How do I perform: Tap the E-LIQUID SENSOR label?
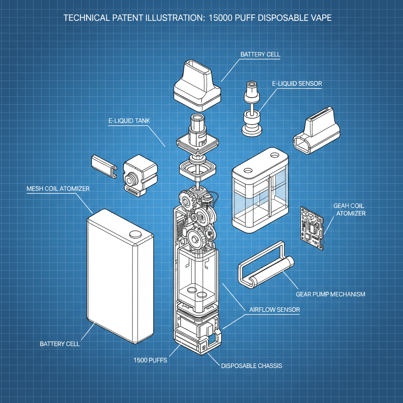[297, 83]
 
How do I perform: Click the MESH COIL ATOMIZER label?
[58, 189]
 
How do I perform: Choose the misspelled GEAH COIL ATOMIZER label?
[349, 209]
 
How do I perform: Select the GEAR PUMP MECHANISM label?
[330, 294]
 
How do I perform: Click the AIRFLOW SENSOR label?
[275, 310]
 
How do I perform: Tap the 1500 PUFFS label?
[150, 360]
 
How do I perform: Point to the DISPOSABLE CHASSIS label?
[251, 366]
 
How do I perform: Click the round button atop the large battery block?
[135, 233]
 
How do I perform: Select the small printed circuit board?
[313, 227]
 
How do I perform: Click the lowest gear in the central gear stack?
[196, 238]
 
